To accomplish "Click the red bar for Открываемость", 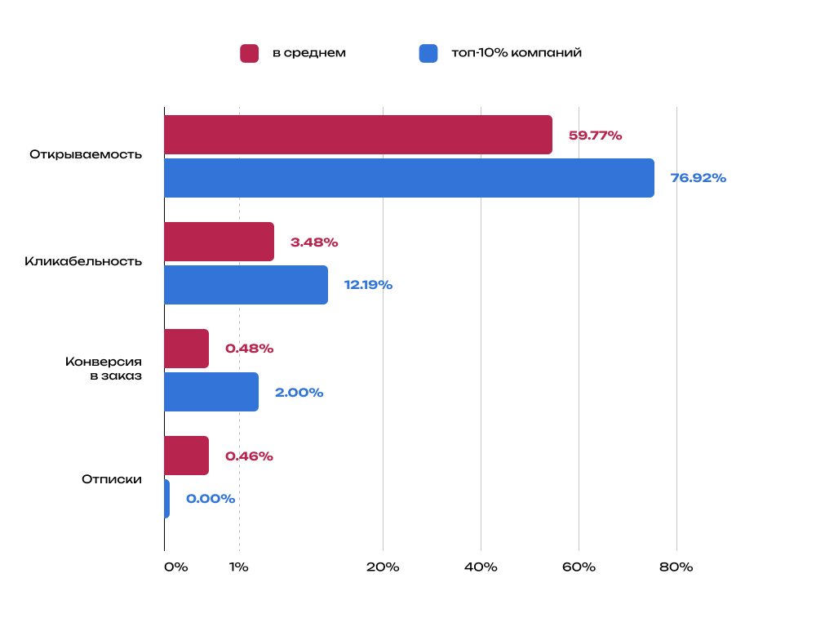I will click(357, 135).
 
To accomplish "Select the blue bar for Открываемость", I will click(409, 178).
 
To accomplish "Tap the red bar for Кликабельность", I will click(219, 242).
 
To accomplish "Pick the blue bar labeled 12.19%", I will click(246, 285).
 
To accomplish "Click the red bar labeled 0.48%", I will click(186, 349).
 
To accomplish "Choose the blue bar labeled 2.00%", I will click(211, 392).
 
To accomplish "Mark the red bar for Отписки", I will click(186, 456).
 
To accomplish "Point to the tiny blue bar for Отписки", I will click(166, 499).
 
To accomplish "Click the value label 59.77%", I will click(595, 136).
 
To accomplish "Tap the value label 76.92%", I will click(698, 178).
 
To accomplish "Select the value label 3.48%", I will click(314, 242).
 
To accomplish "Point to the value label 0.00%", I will click(211, 499).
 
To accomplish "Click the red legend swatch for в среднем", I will click(249, 53).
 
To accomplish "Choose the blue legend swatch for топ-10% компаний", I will click(428, 53).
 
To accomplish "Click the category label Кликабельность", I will click(83, 261).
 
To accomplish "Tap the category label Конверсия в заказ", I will click(104, 368).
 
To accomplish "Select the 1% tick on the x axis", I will click(239, 567).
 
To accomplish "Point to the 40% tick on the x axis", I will click(481, 567).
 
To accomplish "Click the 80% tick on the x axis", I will click(676, 567).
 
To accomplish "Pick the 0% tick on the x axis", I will click(175, 567).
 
